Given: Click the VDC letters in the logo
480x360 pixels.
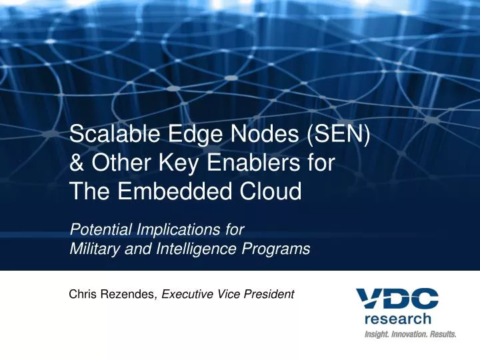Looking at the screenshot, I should point(397,298).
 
